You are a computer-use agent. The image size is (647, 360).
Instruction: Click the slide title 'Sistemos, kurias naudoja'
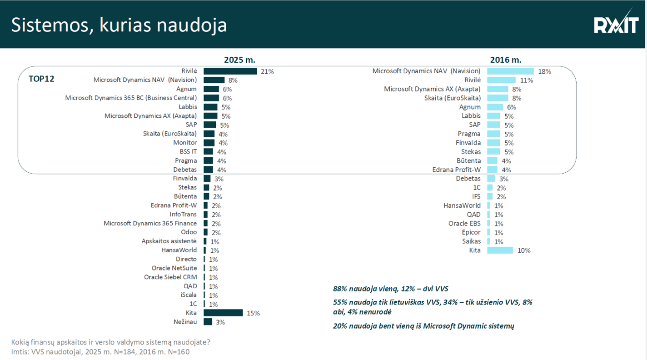click(x=119, y=25)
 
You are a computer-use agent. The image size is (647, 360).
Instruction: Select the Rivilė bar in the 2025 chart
click(x=230, y=71)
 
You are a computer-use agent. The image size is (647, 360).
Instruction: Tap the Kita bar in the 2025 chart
click(x=223, y=313)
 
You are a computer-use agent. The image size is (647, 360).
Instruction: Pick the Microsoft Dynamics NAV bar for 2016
click(x=510, y=71)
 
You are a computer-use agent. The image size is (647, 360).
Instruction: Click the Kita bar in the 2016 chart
click(x=500, y=250)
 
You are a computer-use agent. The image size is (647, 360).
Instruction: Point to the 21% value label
click(x=267, y=72)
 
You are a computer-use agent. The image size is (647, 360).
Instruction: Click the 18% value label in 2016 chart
click(x=544, y=72)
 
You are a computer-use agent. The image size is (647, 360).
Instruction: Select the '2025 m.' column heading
click(x=239, y=60)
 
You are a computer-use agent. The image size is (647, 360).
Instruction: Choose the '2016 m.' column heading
click(x=505, y=60)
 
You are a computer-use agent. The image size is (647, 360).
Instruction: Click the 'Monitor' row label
click(x=185, y=143)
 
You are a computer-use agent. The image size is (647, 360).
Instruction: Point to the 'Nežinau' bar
click(x=208, y=322)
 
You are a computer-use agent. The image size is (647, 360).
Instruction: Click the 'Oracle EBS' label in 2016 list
click(x=464, y=223)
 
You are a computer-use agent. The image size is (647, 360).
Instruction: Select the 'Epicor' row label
click(x=471, y=232)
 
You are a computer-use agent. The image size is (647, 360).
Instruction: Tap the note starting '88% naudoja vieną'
click(x=391, y=289)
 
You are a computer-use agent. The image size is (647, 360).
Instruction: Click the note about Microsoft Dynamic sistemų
click(x=423, y=326)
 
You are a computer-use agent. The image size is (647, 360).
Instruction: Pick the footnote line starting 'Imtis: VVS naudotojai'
click(x=100, y=352)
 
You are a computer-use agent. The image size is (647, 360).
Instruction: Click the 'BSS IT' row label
click(x=188, y=151)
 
